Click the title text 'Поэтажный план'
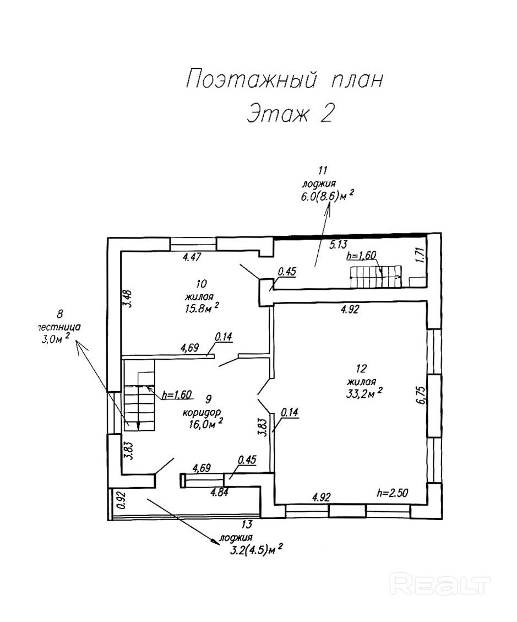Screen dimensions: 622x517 point(284,79)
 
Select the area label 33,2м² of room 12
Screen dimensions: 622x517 point(364,392)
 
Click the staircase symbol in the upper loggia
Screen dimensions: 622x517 point(375,275)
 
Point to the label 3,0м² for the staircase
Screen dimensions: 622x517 point(56,339)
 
